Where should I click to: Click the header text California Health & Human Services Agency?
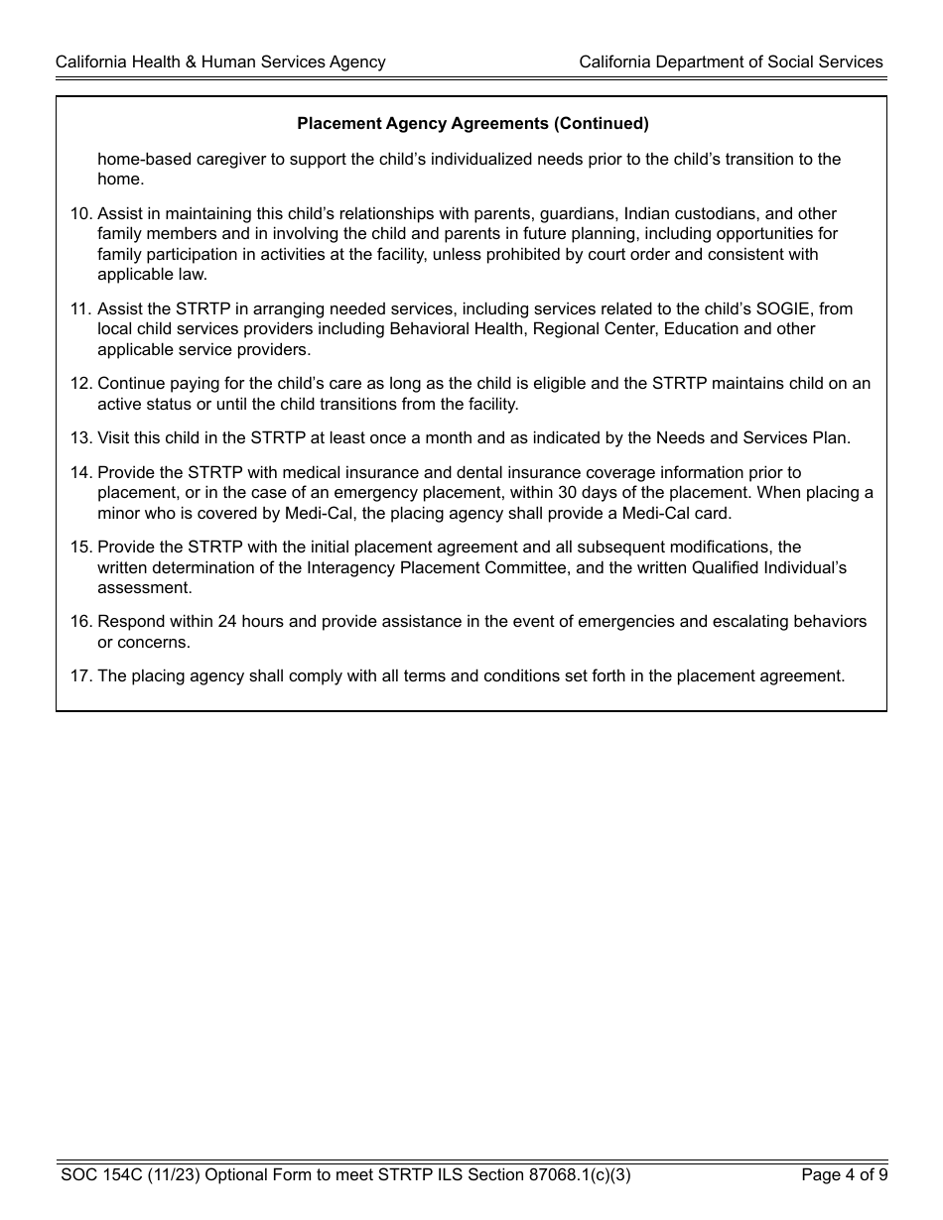pyautogui.click(x=220, y=62)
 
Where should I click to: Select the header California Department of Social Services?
pyautogui.click(x=731, y=62)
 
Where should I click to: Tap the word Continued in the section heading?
pyautogui.click(x=601, y=124)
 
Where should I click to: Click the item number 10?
pyautogui.click(x=81, y=214)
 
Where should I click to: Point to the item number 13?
pyautogui.click(x=81, y=438)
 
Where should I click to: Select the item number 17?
pyautogui.click(x=81, y=676)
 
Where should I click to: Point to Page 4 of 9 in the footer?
pyautogui.click(x=844, y=1175)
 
